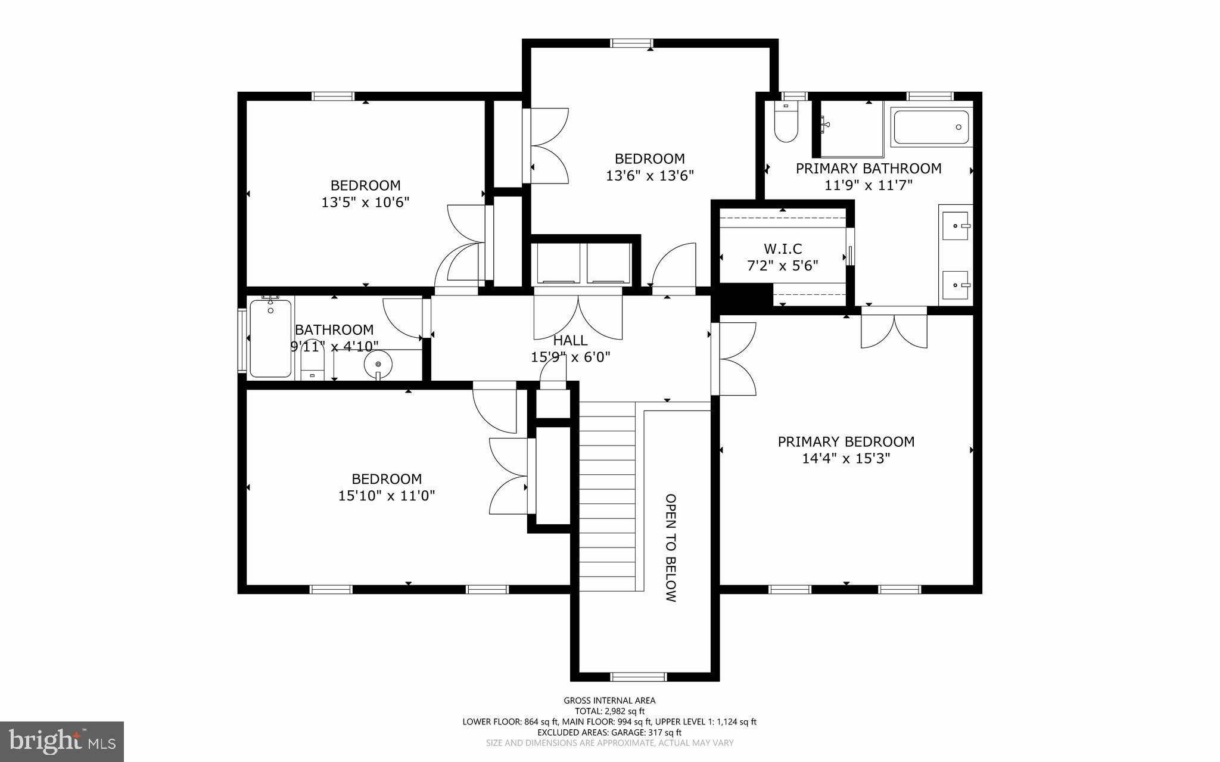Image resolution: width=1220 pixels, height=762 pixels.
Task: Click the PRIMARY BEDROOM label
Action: pos(846,442)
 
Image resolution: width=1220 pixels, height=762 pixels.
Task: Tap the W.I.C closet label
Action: pos(783,248)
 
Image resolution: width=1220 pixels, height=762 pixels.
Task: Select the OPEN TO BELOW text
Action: pos(671,548)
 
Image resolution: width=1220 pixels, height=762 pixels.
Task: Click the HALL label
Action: pos(570,340)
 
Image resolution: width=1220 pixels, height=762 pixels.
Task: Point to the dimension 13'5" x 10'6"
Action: pos(365,203)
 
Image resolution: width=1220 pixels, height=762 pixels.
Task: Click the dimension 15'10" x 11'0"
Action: pos(387,496)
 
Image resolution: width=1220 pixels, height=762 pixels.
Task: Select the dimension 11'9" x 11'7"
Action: pos(868,185)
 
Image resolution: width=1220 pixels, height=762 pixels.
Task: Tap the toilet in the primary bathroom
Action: pos(786,125)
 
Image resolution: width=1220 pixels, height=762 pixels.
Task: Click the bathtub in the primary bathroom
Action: pos(931,127)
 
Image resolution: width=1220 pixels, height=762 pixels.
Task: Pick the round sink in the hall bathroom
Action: pos(378,362)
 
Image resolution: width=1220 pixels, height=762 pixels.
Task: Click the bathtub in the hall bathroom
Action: pos(270,338)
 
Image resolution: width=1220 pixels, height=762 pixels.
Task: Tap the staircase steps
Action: pos(607,494)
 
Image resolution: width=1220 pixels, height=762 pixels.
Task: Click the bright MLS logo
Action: pos(61,741)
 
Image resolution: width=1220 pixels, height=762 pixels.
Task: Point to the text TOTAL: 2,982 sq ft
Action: pos(609,711)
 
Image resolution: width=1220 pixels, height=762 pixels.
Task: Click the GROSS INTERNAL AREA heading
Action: pos(609,701)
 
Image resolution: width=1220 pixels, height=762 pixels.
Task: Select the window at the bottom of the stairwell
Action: pos(638,676)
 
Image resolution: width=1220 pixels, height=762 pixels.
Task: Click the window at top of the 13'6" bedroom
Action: pos(631,43)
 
